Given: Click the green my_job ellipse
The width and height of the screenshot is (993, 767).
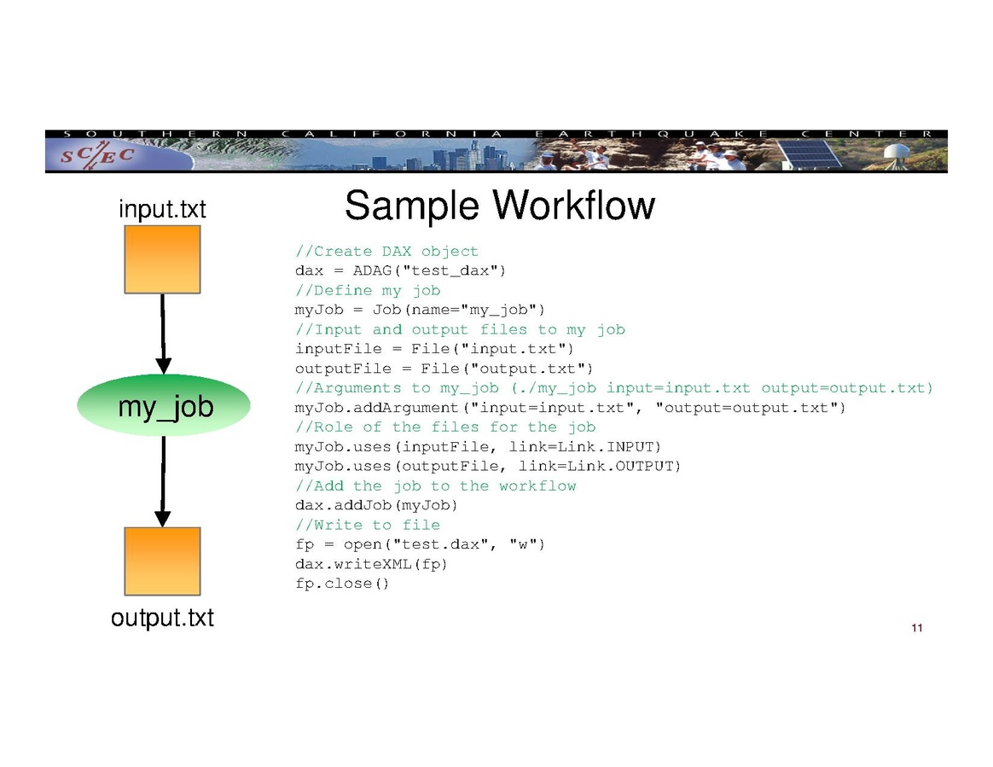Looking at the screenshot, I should click(x=163, y=406).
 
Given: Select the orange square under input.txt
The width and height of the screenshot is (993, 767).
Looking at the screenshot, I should click(x=162, y=259).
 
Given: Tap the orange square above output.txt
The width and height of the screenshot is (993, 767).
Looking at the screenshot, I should click(x=162, y=561).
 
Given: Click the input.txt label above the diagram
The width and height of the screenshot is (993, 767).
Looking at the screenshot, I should click(x=162, y=209).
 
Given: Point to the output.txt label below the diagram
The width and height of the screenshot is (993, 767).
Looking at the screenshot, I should click(x=162, y=618).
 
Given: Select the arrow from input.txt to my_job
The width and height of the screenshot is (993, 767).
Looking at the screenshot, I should click(x=162, y=333).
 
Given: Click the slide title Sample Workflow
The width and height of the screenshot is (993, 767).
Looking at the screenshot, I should click(x=499, y=206).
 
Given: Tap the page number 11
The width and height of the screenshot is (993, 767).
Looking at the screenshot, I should click(x=916, y=629).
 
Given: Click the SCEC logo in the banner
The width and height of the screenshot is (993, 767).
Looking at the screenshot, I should click(x=96, y=156).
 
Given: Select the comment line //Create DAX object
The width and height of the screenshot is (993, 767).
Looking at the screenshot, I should click(x=386, y=252).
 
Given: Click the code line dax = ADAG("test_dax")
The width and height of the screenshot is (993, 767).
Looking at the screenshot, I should click(x=401, y=271).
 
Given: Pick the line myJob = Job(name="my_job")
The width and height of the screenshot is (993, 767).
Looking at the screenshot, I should click(x=420, y=310).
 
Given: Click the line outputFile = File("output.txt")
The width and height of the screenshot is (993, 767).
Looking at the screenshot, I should click(x=444, y=369).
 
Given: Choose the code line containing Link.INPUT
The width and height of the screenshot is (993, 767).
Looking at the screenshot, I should click(x=478, y=447).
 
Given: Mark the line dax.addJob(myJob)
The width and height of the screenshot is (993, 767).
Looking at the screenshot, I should click(x=370, y=505).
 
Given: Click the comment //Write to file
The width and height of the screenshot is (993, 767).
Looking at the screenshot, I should click(x=368, y=525).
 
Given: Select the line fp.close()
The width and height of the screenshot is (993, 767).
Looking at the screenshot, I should click(x=342, y=584).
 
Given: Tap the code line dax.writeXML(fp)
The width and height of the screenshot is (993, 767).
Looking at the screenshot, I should click(x=371, y=564).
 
